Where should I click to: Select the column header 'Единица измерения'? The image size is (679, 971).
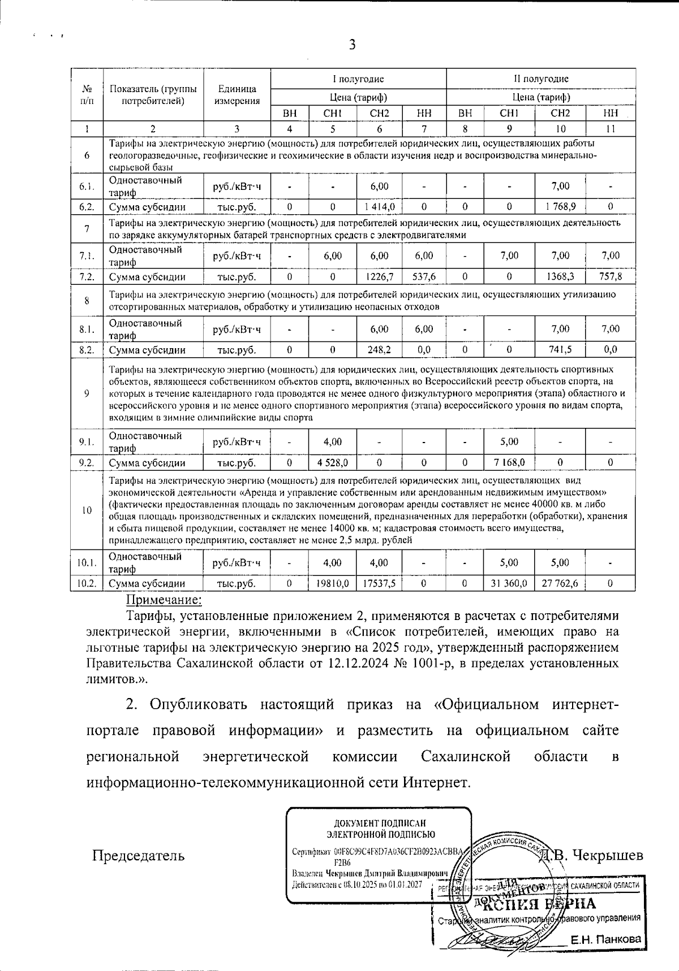237,95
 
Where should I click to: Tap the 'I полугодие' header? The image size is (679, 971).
358,79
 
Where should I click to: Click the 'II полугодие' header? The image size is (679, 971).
537,79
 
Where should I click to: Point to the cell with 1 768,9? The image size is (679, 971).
560,207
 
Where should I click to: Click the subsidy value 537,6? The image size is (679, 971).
424,277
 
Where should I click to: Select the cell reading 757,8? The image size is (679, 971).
610,277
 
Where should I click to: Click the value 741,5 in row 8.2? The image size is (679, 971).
560,350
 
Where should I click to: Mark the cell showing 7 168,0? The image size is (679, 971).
509,463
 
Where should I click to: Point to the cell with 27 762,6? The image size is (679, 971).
560,583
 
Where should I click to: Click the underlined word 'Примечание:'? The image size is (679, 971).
163,599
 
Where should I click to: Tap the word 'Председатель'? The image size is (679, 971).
139,855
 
